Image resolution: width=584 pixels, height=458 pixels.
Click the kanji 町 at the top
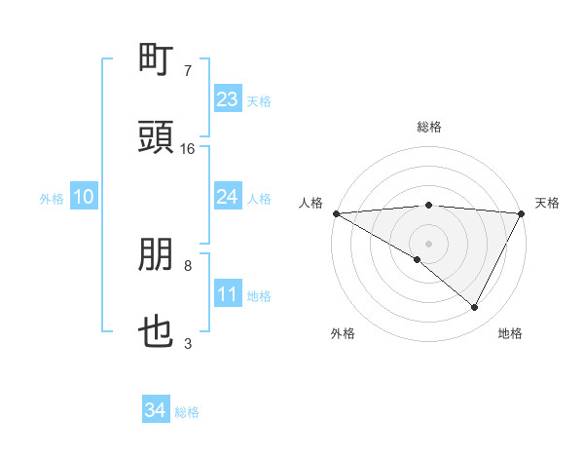tap(157, 60)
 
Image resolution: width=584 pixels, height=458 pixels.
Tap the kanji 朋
tap(157, 256)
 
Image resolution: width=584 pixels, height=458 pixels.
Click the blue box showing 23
tap(228, 99)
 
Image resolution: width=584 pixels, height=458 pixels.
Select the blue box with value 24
tap(228, 197)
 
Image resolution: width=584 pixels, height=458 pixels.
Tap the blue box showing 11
tap(228, 294)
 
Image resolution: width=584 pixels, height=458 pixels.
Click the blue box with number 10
tap(84, 197)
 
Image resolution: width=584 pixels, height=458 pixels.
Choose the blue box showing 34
tap(156, 410)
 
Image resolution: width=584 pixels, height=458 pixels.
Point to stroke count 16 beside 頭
tap(188, 149)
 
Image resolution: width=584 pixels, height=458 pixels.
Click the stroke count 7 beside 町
tap(188, 70)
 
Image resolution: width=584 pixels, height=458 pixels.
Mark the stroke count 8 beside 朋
tap(188, 265)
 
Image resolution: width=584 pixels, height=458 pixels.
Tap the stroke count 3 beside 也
tap(188, 343)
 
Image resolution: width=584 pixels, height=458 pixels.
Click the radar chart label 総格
tap(429, 127)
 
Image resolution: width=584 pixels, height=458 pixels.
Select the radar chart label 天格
tap(547, 203)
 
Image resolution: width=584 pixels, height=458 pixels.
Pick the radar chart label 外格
tap(343, 333)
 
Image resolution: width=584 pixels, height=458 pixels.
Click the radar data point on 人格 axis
tap(336, 213)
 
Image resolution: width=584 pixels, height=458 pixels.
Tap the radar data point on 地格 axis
tap(475, 308)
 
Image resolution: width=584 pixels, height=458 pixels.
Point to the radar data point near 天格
tap(522, 213)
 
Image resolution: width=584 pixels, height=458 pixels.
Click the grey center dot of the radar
tap(429, 243)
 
